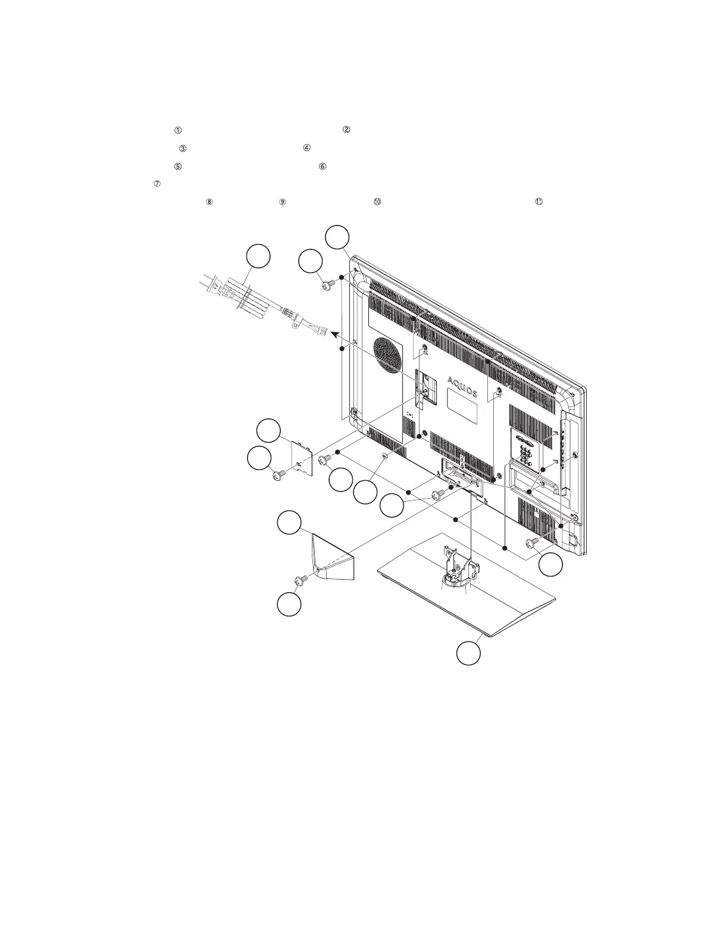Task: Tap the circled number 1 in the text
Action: point(177,130)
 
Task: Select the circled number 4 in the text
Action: point(307,148)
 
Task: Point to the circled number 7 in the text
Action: point(157,184)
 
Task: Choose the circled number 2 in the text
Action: point(346,130)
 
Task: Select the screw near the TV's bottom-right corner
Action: point(533,542)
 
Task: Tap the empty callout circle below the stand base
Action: point(468,652)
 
